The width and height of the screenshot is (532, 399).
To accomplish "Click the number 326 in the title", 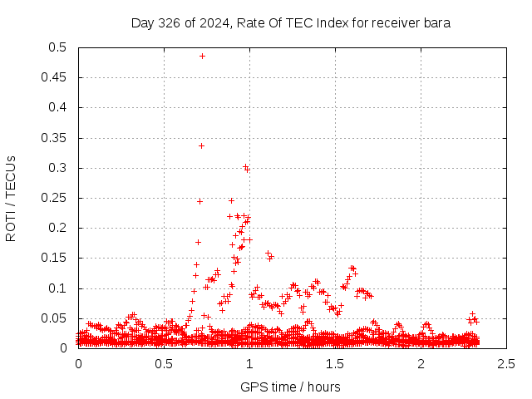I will [x=170, y=22].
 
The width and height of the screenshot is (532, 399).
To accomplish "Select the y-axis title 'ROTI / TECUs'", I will [x=11, y=198].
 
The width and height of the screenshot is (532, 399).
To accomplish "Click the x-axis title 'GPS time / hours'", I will [x=290, y=387].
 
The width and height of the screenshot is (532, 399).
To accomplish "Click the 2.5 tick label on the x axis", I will [x=506, y=363].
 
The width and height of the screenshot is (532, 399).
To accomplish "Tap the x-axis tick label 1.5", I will [x=335, y=363].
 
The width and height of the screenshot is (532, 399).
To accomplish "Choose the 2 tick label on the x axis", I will [x=421, y=363].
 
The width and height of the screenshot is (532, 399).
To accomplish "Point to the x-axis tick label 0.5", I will [x=164, y=363].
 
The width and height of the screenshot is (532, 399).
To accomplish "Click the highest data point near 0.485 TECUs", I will [x=202, y=57].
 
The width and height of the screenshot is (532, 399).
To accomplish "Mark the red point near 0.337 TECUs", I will [x=201, y=145].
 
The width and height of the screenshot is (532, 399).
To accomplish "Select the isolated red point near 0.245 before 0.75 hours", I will [x=199, y=201].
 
